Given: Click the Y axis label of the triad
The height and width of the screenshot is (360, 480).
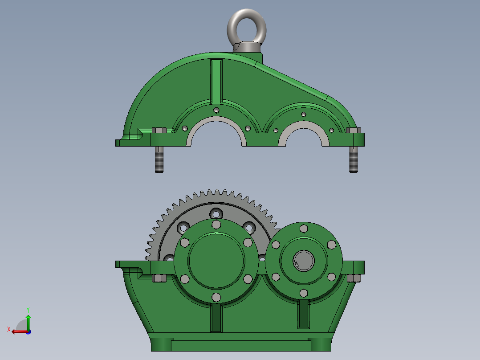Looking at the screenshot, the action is (x=28, y=310).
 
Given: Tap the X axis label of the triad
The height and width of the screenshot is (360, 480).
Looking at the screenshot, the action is (x=9, y=329).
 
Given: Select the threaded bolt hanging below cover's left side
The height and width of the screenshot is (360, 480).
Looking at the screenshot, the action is (x=159, y=160).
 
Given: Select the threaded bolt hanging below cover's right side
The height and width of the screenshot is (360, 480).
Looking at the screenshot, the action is (x=354, y=160).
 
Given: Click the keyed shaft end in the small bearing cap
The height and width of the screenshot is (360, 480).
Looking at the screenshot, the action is (x=304, y=261).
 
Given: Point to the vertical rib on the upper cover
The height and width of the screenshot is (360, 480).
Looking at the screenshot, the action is (x=216, y=82).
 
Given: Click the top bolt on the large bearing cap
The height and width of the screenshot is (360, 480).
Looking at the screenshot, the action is (x=216, y=225).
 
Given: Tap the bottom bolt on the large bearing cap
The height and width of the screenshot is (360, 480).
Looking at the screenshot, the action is (x=216, y=297).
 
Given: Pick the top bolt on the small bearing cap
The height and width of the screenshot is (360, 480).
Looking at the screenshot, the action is (x=304, y=229).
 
